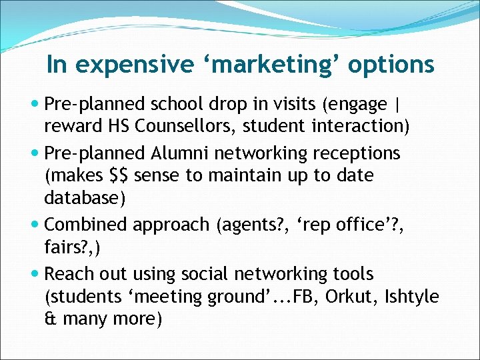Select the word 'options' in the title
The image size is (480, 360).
391,65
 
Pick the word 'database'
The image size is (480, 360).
80,198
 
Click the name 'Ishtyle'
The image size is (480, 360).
412,297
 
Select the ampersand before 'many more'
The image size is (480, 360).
50,319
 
